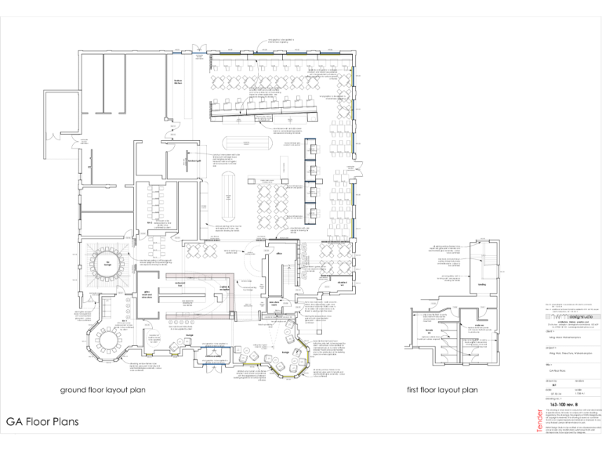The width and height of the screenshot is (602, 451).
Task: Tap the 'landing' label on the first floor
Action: (x=484, y=285)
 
